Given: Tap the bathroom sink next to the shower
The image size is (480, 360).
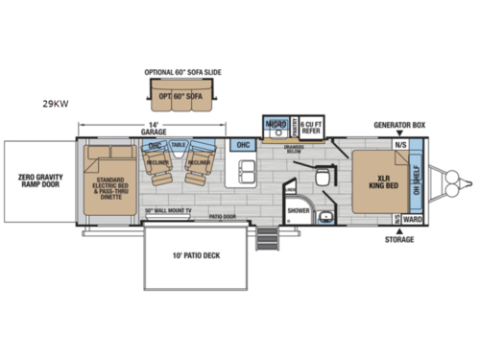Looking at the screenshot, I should click(x=325, y=217).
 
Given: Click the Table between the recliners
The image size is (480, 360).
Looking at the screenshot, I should click(x=179, y=146).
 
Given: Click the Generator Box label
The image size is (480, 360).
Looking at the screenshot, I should click(x=398, y=126).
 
